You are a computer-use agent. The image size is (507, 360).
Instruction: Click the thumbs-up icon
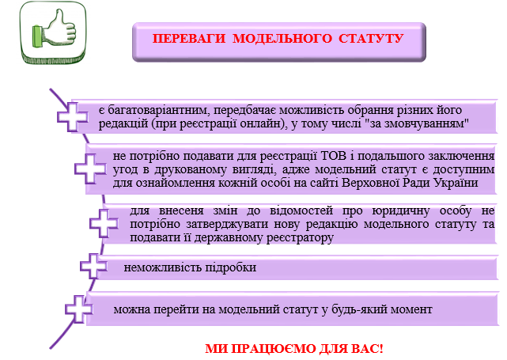(53, 32)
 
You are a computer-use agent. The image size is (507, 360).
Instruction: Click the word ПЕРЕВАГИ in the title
(189, 39)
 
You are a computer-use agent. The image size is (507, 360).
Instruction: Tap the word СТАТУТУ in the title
(371, 39)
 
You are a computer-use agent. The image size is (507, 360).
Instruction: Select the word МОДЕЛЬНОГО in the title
(282, 39)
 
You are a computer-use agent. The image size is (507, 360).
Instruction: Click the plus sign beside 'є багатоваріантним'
(73, 117)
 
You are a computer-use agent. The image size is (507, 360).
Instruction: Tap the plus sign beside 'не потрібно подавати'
(90, 169)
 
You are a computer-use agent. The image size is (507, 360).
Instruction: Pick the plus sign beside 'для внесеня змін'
(104, 223)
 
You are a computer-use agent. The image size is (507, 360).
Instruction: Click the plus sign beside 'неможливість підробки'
(93, 266)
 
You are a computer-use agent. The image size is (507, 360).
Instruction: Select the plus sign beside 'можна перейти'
(78, 309)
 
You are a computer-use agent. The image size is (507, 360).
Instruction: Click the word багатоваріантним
(160, 110)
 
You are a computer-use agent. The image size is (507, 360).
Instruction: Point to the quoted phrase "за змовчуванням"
(419, 123)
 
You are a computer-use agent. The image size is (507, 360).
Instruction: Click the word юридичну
(401, 211)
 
